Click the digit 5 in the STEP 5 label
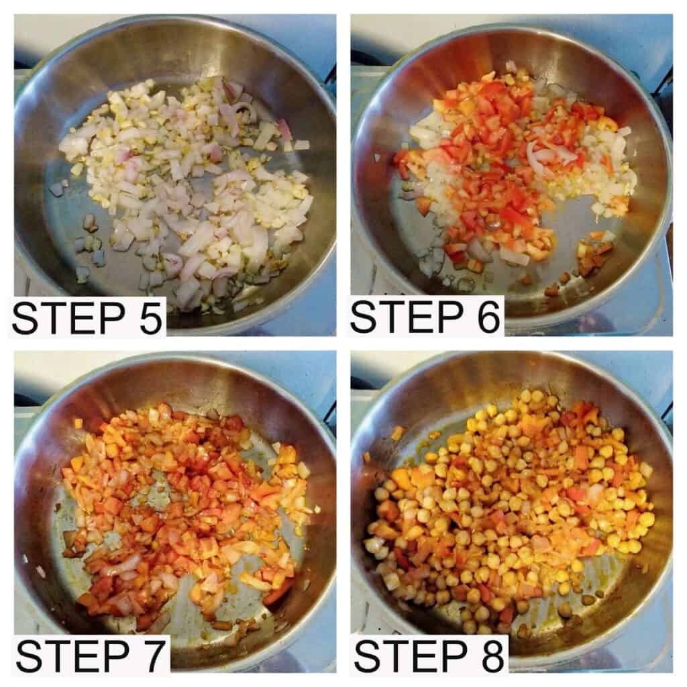147,317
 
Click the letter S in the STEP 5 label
25,317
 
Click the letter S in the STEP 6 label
364,317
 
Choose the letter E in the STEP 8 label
423,656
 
